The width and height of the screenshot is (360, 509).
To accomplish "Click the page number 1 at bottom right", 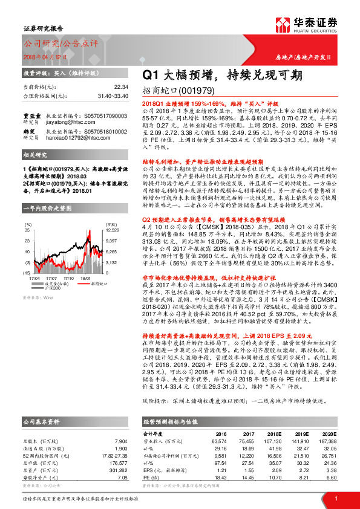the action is click(x=335, y=498).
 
